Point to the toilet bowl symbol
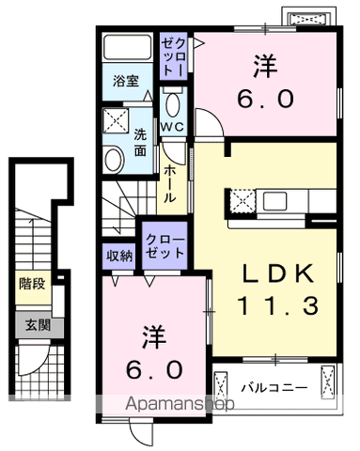[172, 104]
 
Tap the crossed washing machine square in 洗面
[118, 120]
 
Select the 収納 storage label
[119, 254]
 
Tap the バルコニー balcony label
[273, 386]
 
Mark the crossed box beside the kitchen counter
[241, 199]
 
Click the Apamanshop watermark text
[180, 406]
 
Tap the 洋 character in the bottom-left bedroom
[154, 334]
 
